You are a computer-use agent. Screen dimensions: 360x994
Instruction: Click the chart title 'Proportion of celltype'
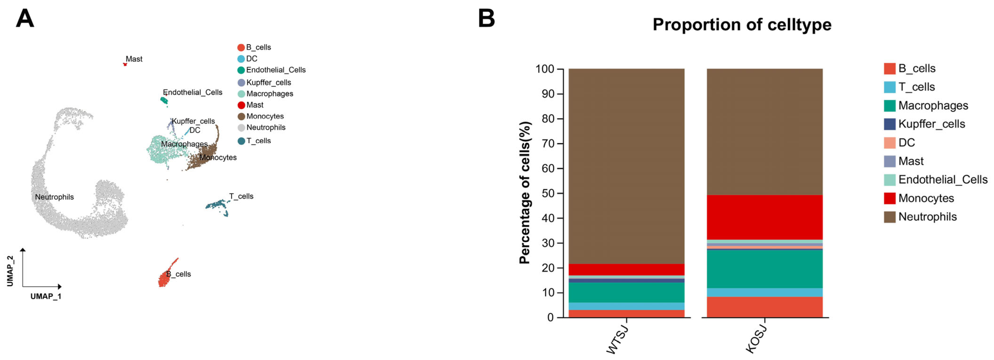tap(742, 25)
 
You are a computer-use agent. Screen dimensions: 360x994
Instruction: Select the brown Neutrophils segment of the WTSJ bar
tap(626, 166)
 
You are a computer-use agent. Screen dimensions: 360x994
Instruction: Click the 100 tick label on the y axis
tap(544, 69)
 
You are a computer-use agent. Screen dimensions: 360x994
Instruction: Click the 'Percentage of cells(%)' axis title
tap(525, 193)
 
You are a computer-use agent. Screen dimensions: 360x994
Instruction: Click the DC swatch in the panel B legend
tap(889, 142)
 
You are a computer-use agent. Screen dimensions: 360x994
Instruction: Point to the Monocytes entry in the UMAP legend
tap(265, 116)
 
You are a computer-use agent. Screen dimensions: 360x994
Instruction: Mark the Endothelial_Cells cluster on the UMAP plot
tap(164, 101)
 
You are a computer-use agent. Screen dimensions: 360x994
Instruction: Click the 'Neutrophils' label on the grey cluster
tap(54, 197)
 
